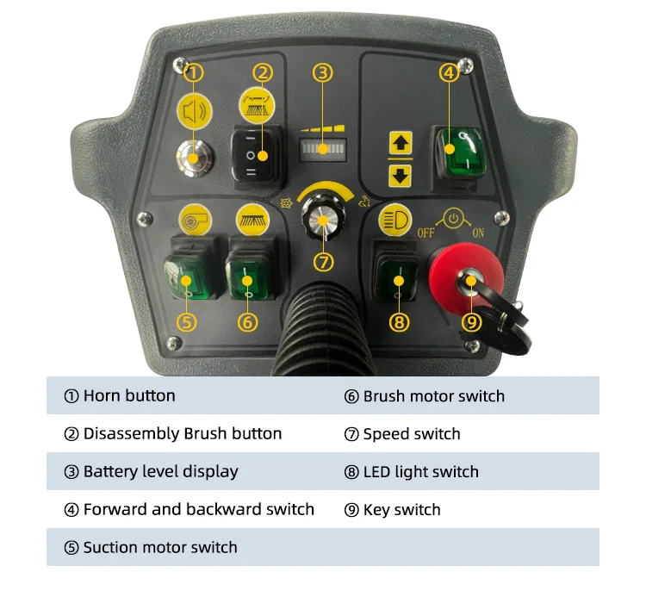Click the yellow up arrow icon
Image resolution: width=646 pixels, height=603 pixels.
point(401,142)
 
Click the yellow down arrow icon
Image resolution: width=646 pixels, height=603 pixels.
point(401,175)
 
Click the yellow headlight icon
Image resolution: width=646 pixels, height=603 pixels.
point(395,219)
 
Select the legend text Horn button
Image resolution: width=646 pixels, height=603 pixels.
point(128,396)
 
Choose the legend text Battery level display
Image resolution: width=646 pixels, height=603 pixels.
point(160,472)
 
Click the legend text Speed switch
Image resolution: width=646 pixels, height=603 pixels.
point(411,434)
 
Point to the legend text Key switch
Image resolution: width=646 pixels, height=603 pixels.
point(401,510)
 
